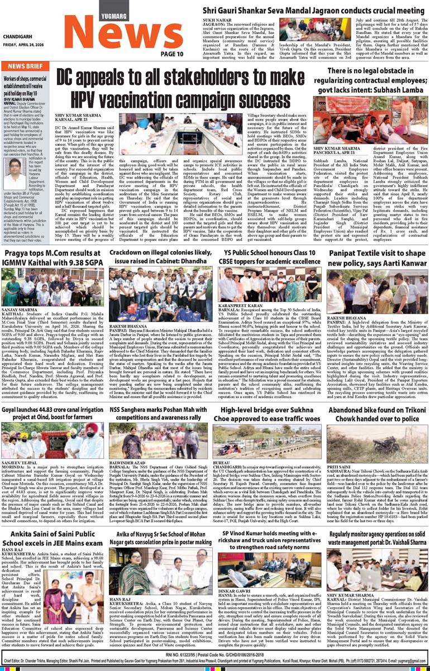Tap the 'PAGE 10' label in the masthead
click(x=172, y=54)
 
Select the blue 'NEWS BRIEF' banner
click(x=26, y=66)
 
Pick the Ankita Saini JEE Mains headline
click(x=54, y=524)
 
